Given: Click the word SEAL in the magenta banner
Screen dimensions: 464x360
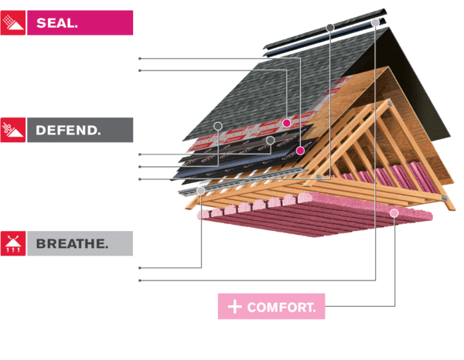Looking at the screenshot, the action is [56, 22].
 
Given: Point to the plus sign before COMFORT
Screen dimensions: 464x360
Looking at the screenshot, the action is [235, 307].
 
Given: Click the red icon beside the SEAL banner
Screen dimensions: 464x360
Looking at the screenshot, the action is [13, 22].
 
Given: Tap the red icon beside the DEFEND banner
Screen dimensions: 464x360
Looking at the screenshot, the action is [13, 130].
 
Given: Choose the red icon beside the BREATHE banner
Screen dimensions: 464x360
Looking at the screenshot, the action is [13, 243].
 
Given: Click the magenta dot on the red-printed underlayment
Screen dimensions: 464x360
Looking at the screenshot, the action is [286, 123].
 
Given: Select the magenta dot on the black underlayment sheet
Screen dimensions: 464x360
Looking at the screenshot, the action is [300, 151].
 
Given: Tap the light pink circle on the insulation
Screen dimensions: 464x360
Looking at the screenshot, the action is [394, 212].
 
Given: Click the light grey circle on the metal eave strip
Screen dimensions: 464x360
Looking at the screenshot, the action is [201, 191].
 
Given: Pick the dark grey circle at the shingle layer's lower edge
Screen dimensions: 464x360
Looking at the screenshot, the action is [218, 126].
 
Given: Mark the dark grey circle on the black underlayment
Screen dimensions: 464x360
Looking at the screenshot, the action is [270, 140].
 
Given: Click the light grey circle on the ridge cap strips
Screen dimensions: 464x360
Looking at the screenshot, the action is [375, 22].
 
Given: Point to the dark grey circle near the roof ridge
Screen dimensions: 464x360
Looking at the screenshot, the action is [330, 28].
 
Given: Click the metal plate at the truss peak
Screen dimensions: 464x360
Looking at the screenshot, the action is [390, 104].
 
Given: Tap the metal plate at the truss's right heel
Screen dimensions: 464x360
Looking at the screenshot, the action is [444, 198].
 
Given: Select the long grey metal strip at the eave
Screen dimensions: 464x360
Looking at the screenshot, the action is [243, 181].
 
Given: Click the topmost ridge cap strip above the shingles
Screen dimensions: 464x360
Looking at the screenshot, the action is [325, 29].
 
